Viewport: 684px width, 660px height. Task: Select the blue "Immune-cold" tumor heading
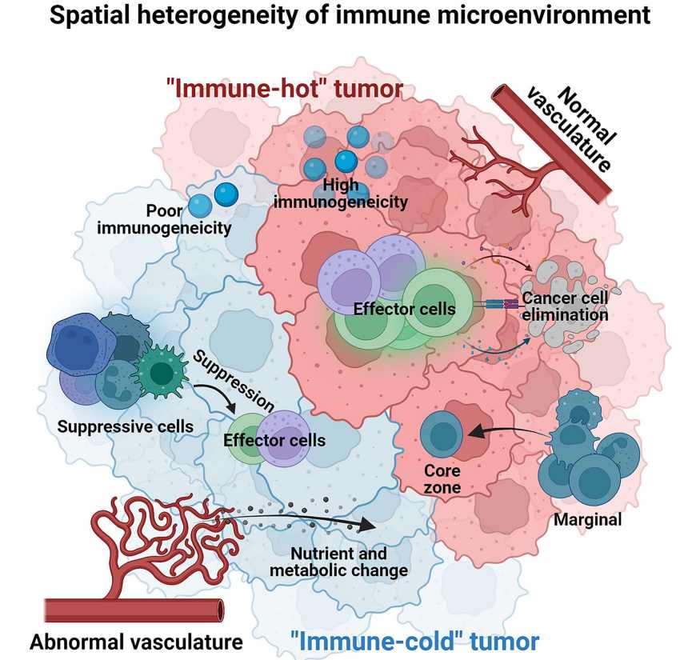point(414,640)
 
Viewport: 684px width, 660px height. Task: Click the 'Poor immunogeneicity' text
point(164,219)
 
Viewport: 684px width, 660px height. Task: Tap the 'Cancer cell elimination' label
point(565,306)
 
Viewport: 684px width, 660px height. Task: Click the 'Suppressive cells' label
point(125,426)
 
